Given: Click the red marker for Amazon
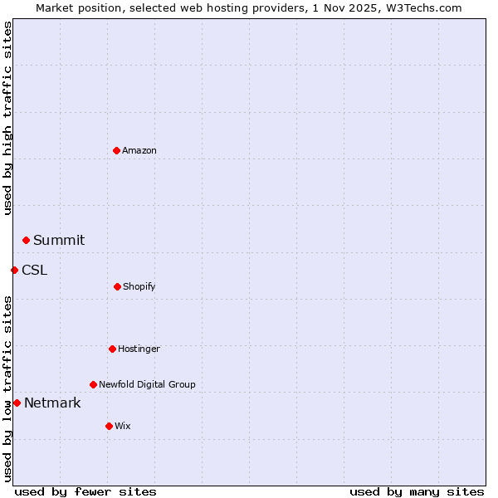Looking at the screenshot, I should (116, 150).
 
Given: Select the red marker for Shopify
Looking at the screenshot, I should (117, 286).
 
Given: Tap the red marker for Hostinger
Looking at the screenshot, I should (112, 349).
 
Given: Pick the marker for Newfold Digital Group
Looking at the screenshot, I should (93, 384).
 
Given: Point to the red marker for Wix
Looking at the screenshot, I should (109, 426).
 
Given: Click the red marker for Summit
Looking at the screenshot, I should (26, 240).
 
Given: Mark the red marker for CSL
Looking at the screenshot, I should (14, 270).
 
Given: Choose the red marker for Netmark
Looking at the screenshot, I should (17, 403).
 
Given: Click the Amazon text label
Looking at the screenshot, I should (139, 150).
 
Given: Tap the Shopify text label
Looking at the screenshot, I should (139, 286).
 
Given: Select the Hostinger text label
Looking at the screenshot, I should (139, 349).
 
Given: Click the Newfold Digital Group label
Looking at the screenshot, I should (147, 384).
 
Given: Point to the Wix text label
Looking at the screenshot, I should (123, 426).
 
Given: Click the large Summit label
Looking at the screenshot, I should (59, 240).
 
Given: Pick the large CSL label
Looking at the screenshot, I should (35, 270).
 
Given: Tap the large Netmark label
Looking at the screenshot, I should (52, 403).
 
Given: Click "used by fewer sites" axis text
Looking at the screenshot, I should (85, 491).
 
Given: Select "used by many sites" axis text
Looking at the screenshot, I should (417, 491).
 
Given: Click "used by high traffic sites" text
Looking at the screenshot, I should (7, 118).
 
